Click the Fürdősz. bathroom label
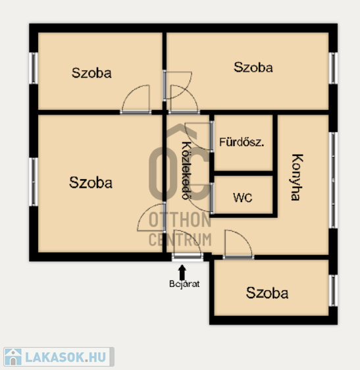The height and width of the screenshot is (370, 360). pyautogui.click(x=242, y=142)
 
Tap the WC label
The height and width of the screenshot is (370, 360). pyautogui.click(x=242, y=198)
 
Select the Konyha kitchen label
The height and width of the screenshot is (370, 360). pyautogui.click(x=297, y=177)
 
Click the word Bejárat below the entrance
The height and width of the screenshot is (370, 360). pyautogui.click(x=184, y=284)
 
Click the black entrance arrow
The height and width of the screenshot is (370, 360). pyautogui.click(x=182, y=272)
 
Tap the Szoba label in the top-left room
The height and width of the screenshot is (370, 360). pyautogui.click(x=91, y=73)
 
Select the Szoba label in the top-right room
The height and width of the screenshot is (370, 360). pyautogui.click(x=253, y=67)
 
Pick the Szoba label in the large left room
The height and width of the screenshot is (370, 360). pyautogui.click(x=91, y=182)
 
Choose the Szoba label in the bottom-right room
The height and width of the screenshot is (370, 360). pyautogui.click(x=267, y=293)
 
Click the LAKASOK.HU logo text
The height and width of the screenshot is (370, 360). pyautogui.click(x=65, y=357)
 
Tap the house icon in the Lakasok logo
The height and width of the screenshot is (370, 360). pyautogui.click(x=13, y=357)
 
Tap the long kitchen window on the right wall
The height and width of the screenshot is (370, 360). pyautogui.click(x=333, y=180)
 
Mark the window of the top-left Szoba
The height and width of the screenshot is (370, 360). pyautogui.click(x=34, y=68)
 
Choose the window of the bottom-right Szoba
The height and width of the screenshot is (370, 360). pyautogui.click(x=333, y=290)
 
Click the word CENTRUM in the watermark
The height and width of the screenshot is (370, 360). pyautogui.click(x=180, y=239)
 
